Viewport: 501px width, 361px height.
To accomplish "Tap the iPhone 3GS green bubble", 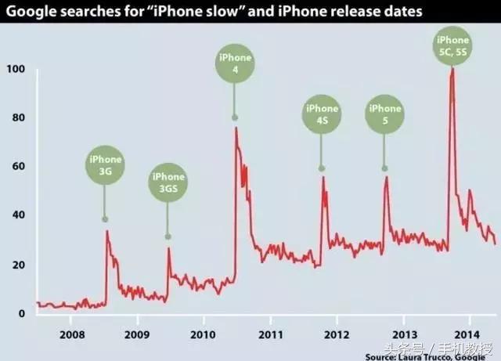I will click(168, 183).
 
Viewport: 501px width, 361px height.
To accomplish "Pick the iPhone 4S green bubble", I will click(322, 114).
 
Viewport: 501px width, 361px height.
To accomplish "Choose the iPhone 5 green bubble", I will click(384, 114).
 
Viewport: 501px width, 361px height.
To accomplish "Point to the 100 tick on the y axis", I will click(15, 70).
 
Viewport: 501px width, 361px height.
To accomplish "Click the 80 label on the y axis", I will click(18, 118).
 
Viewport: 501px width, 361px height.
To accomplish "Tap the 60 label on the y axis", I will click(18, 167).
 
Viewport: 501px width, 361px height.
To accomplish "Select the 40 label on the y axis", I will click(18, 215).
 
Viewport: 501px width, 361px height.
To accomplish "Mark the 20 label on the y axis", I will click(18, 265).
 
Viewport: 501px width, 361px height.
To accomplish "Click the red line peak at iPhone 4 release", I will click(236, 128).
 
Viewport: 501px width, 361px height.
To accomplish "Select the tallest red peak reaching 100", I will click(452, 70).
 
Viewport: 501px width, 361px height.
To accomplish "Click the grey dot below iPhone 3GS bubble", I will click(168, 236).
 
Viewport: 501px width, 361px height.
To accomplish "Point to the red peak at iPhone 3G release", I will click(106, 231).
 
